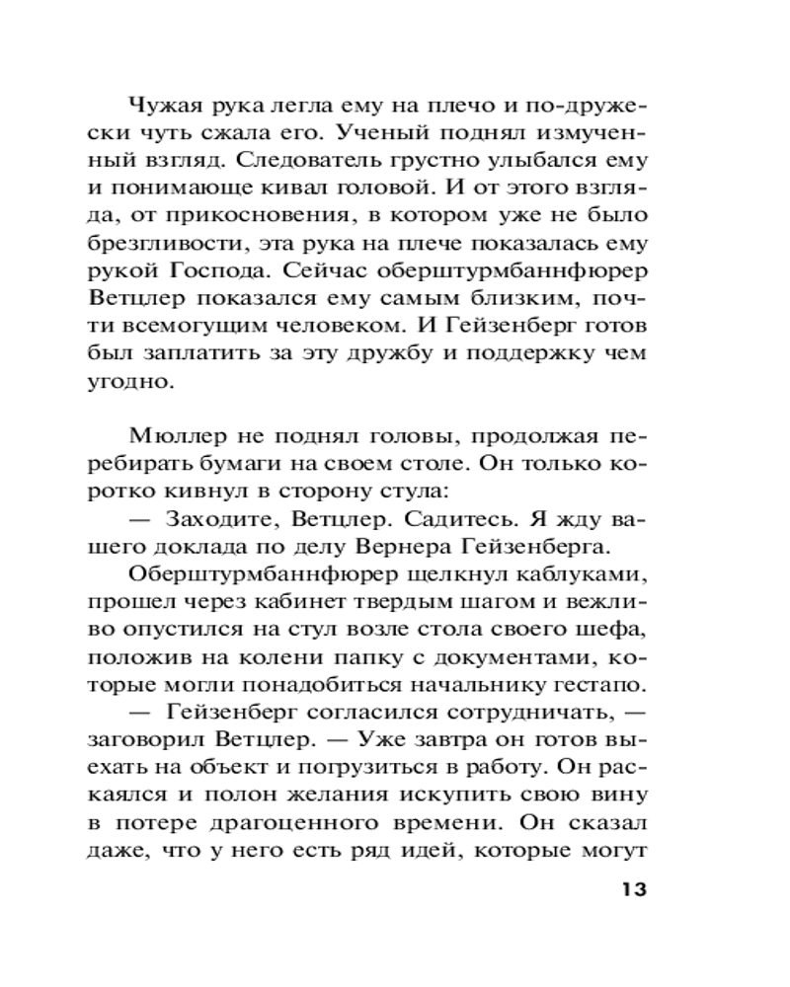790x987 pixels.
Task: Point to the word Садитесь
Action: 441,519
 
